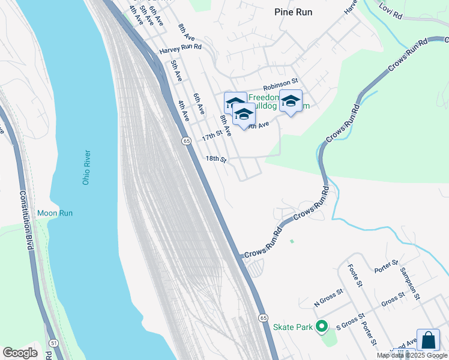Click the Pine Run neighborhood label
(293, 11)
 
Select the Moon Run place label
(55, 213)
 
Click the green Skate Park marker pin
(322, 326)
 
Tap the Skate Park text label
(293, 327)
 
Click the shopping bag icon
(428, 340)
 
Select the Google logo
(20, 353)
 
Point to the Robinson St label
(280, 81)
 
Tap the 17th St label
(211, 137)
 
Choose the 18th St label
(215, 160)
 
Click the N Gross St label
(328, 292)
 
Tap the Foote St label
(355, 277)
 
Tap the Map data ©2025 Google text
(412, 355)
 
